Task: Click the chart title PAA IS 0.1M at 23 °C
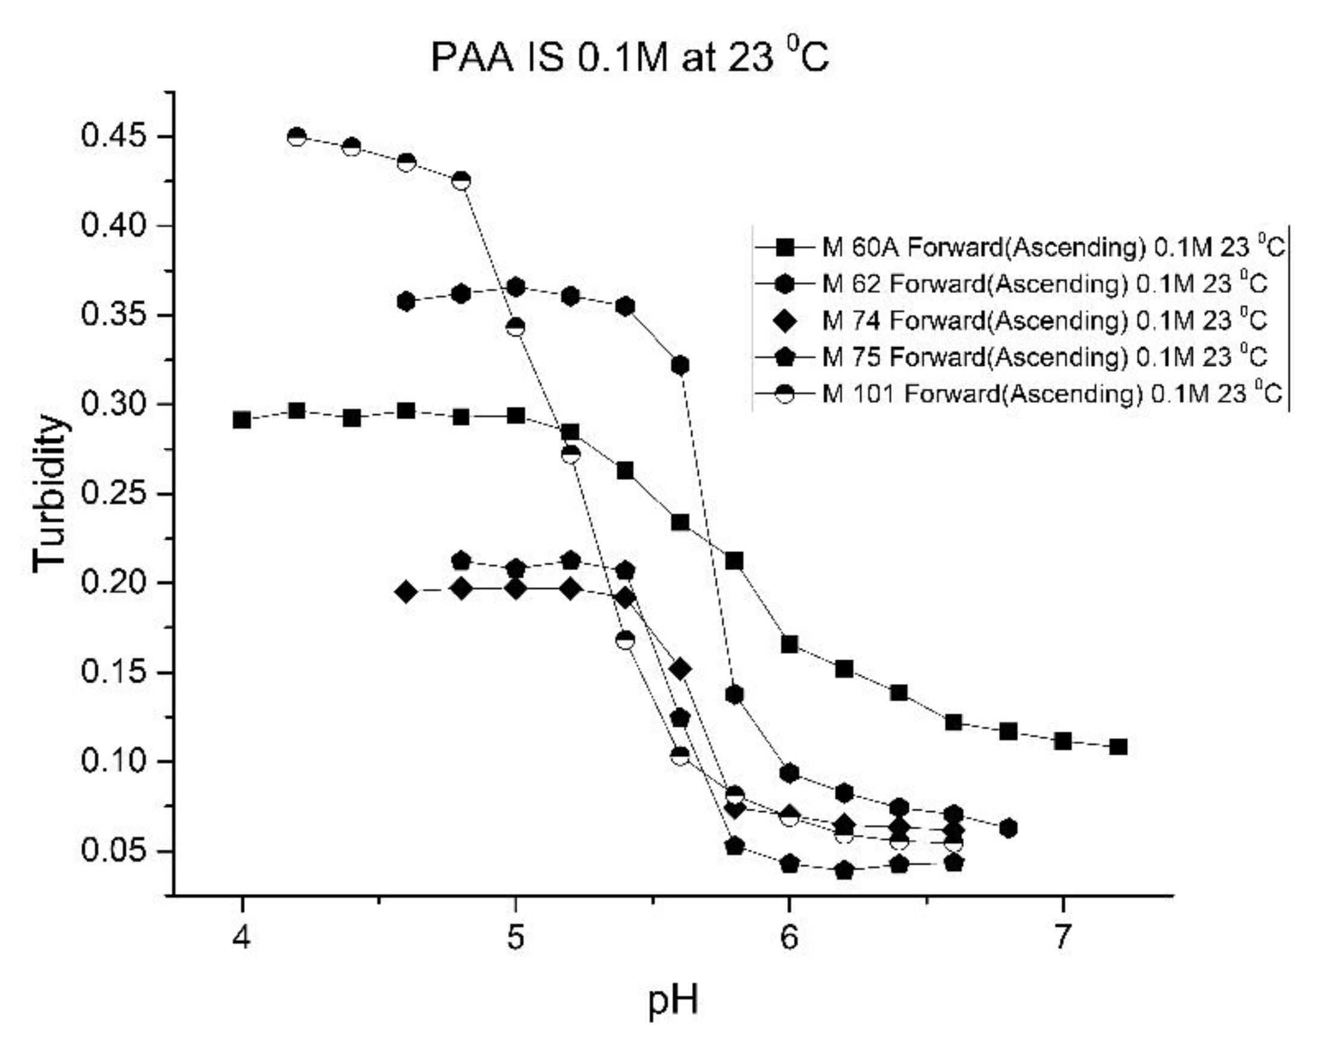tap(629, 58)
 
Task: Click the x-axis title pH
tap(673, 1000)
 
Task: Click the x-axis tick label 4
tap(242, 937)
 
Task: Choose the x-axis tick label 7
tap(1063, 937)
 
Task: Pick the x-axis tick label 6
tap(789, 937)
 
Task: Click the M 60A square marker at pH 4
tap(242, 420)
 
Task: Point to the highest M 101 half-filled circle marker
tap(297, 136)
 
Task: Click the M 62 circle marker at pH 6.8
tap(1008, 829)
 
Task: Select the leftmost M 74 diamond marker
tap(406, 592)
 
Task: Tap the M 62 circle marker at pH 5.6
tap(680, 365)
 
